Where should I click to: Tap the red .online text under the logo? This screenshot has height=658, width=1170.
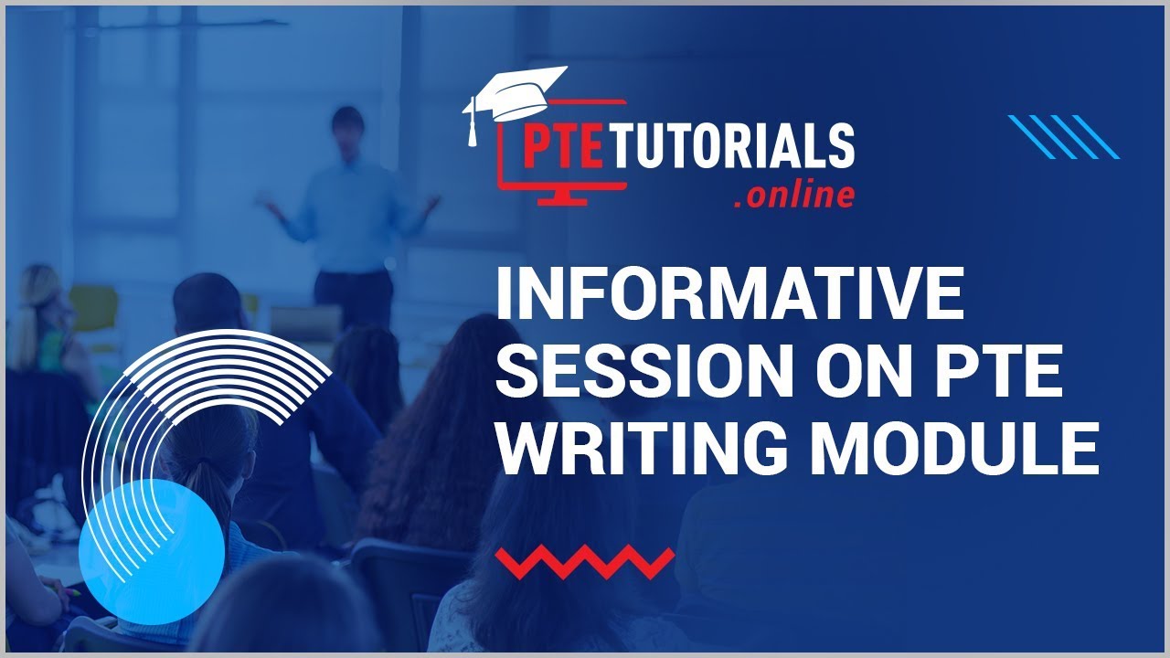pyautogui.click(x=793, y=195)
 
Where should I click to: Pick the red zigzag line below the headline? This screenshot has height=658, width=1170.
pyautogui.click(x=584, y=561)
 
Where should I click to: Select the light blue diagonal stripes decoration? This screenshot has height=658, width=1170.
pyautogui.click(x=1063, y=137)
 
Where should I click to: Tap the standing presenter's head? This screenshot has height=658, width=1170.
pyautogui.click(x=347, y=122)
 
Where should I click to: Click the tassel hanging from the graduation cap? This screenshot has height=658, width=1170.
pyautogui.click(x=473, y=127)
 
